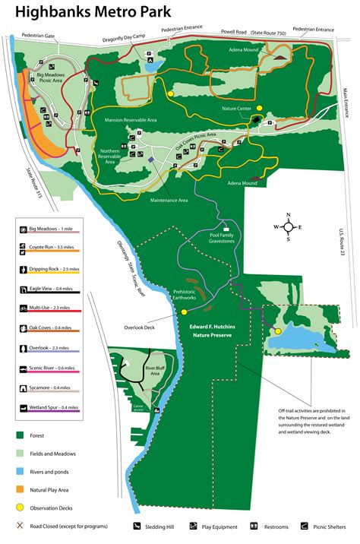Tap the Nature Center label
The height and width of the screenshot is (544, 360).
(236, 109)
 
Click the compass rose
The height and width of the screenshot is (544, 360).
(289, 226)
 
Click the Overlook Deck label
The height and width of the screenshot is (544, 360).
(139, 328)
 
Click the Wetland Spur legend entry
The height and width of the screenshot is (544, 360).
(50, 408)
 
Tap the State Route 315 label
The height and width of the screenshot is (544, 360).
(30, 183)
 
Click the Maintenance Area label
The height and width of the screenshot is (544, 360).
(169, 201)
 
